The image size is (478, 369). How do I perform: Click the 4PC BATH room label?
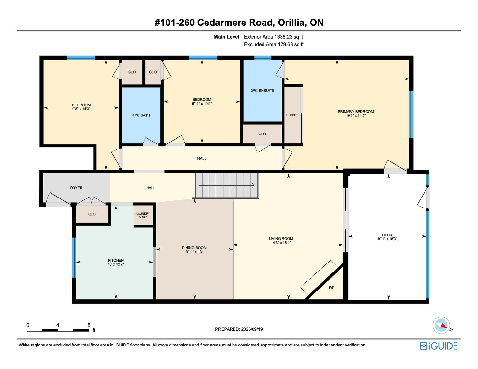pyautogui.click(x=141, y=115)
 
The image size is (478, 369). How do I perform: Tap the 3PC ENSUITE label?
pyautogui.click(x=262, y=90)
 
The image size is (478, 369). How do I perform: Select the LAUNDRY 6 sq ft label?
pyautogui.click(x=143, y=215)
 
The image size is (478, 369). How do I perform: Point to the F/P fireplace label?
pyautogui.click(x=331, y=288)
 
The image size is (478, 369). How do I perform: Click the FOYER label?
pyautogui.click(x=76, y=188)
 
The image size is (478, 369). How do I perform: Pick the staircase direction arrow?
pyautogui.click(x=226, y=185)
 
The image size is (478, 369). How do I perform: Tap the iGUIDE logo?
pyautogui.click(x=438, y=346)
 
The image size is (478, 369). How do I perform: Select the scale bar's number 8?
pyautogui.click(x=89, y=325)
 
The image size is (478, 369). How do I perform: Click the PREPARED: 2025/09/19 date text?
pyautogui.click(x=239, y=329)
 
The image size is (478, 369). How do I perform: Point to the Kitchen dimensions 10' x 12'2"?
pyautogui.click(x=116, y=264)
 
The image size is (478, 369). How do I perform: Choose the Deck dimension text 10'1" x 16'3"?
pyautogui.click(x=387, y=239)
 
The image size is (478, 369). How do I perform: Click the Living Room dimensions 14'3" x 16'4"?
pyautogui.click(x=281, y=243)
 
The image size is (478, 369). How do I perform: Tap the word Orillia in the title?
pyautogui.click(x=291, y=23)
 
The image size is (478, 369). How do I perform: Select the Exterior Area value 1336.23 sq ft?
pyautogui.click(x=289, y=37)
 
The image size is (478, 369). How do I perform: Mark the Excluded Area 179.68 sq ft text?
pyautogui.click(x=274, y=44)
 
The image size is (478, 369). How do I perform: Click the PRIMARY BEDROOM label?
pyautogui.click(x=356, y=112)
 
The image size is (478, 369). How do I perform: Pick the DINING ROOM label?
pyautogui.click(x=194, y=248)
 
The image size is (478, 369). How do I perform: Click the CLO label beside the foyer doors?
pyautogui.click(x=92, y=214)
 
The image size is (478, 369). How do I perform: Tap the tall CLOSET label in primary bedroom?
pyautogui.click(x=292, y=115)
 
